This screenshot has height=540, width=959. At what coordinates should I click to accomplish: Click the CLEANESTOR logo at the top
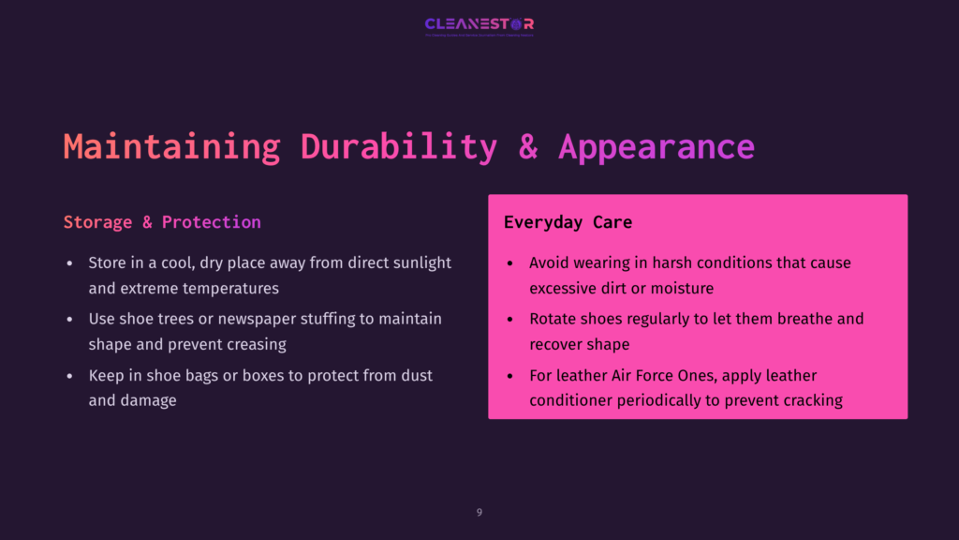tap(479, 24)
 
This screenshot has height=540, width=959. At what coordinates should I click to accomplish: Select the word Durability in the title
tap(399, 147)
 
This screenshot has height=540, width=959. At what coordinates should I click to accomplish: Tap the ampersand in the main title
tap(528, 147)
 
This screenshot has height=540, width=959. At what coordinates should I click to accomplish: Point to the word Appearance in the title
tap(657, 147)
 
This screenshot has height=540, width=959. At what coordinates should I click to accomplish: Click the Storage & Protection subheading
tap(162, 222)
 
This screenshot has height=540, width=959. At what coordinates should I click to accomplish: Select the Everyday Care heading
tap(568, 222)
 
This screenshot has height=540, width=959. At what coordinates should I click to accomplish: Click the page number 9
tap(479, 512)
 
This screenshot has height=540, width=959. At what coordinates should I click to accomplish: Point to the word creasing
tap(256, 344)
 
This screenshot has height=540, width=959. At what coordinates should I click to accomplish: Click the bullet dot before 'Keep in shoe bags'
tap(69, 376)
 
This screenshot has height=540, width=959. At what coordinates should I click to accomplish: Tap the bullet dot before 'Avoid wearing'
tap(509, 263)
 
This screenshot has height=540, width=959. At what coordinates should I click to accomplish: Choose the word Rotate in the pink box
tap(553, 319)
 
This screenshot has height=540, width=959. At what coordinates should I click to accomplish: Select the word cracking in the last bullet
tap(811, 400)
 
